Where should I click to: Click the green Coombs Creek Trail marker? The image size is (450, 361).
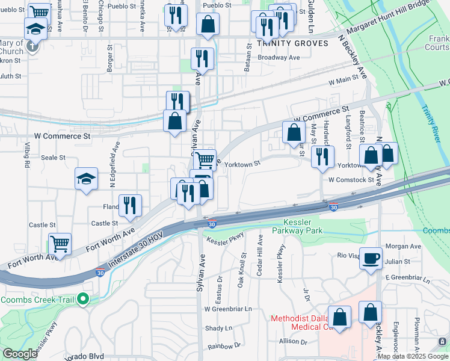(85, 299)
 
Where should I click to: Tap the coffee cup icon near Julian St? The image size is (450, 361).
(371, 257)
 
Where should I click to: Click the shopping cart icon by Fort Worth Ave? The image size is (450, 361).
(60, 244)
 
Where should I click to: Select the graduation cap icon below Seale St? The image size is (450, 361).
(86, 178)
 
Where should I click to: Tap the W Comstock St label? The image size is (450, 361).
(351, 180)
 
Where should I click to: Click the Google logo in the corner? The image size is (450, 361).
(19, 354)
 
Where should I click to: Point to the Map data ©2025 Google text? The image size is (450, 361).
(413, 356)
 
